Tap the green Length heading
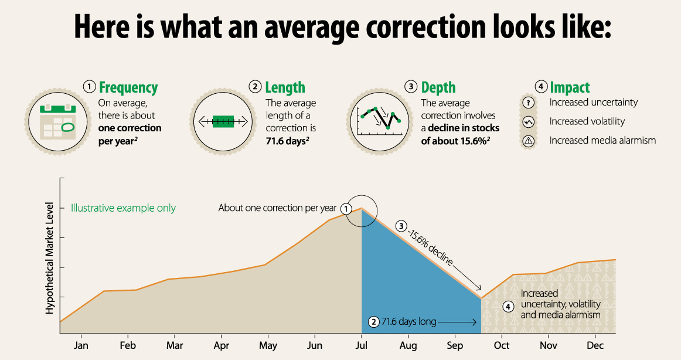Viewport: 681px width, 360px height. point(285,87)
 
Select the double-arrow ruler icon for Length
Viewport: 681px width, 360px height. point(223,122)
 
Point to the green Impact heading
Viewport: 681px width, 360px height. point(570,87)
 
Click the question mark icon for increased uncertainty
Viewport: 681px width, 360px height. point(529,103)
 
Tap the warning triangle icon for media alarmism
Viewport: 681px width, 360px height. point(529,141)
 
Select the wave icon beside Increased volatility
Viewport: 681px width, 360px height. point(529,122)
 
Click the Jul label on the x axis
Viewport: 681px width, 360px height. point(361,345)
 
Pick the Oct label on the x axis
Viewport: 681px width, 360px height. point(502,345)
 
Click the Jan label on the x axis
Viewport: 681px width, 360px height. point(81,345)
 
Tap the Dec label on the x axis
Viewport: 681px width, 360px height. point(595,345)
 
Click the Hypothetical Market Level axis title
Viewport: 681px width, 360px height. point(50,258)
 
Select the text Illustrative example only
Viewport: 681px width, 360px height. point(123,208)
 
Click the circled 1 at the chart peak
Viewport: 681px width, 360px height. point(346,208)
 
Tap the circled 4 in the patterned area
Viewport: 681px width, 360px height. point(508,306)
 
